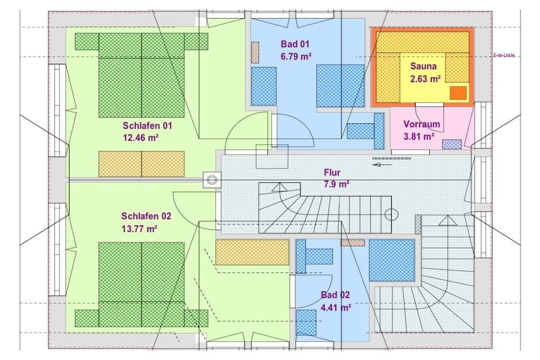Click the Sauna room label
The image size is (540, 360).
423,66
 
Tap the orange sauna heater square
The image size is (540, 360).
458,93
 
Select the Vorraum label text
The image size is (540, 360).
421,124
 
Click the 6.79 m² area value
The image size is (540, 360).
296,56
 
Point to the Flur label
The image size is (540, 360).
332,172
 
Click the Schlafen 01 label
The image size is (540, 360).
147,125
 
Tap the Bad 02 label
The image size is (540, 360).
335,295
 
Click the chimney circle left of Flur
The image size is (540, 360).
211,179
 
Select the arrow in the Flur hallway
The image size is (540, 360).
382,164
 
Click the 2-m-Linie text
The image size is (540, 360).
504,56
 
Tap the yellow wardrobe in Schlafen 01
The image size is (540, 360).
141,164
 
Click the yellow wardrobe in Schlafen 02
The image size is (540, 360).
252,252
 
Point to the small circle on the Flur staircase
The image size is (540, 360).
392,215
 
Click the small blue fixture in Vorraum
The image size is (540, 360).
451,144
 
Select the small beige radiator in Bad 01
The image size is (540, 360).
255,53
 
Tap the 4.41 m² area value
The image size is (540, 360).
336,307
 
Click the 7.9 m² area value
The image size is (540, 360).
336,184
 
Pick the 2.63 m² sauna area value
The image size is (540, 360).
426,79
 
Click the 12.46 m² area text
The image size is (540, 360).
140,138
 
